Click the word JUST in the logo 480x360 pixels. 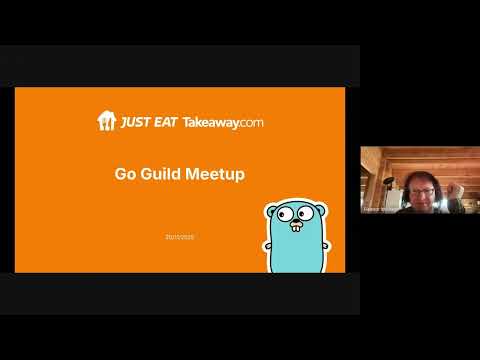coord(136,122)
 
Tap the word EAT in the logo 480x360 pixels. coord(164,122)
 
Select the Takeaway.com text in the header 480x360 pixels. coord(223,122)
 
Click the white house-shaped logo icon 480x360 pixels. coord(106,121)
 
